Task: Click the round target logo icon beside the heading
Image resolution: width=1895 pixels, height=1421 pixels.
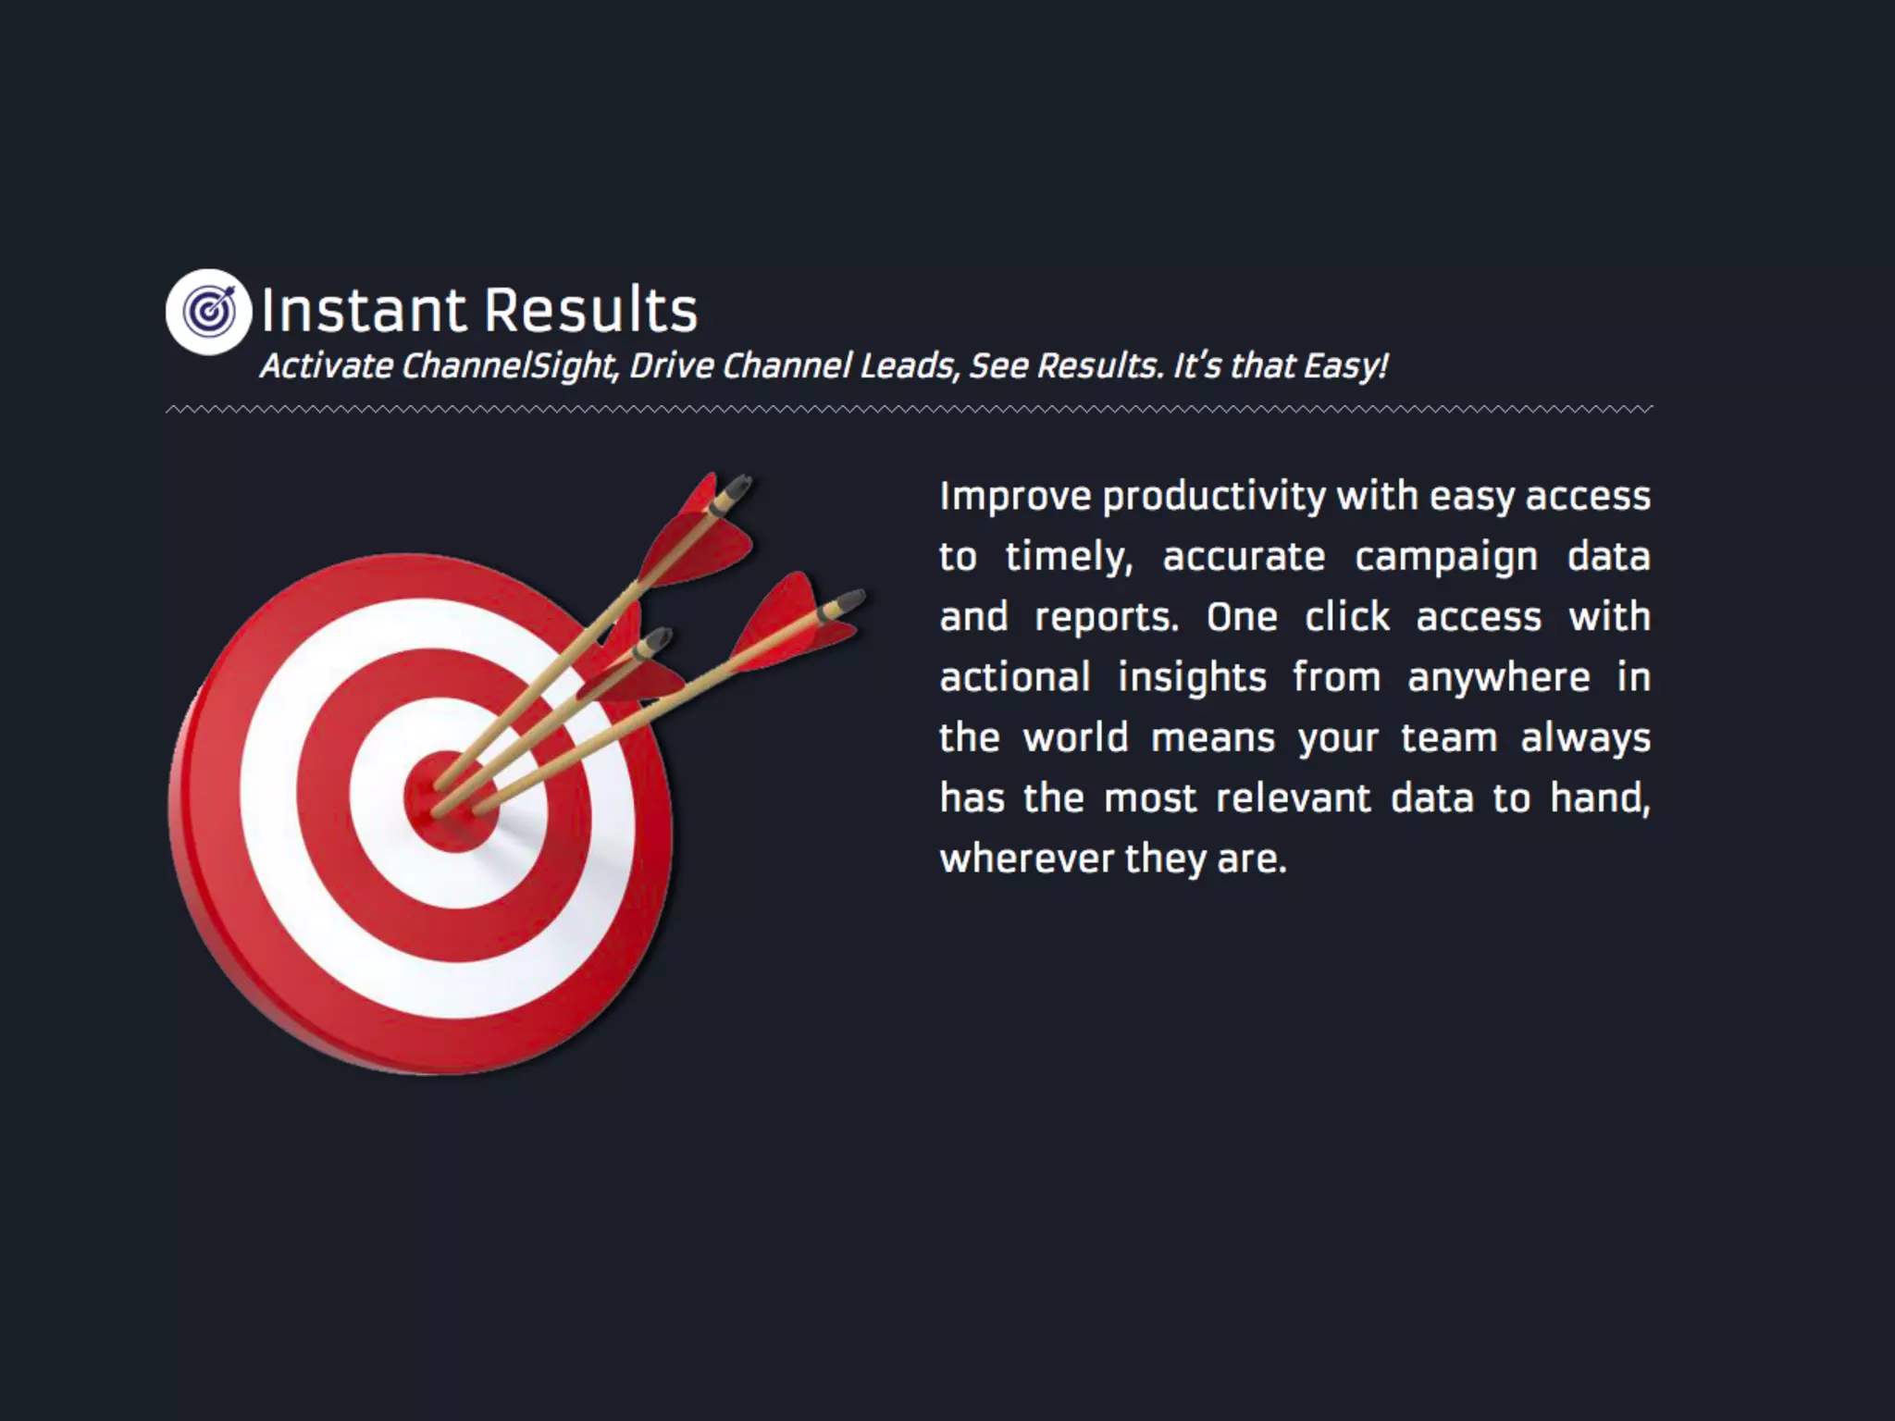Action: (x=208, y=312)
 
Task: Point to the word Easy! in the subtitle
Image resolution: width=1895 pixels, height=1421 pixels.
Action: (x=1345, y=366)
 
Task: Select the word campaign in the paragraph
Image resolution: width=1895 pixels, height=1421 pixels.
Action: (x=1445, y=558)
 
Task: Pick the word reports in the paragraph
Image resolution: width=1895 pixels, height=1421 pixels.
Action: (x=1106, y=618)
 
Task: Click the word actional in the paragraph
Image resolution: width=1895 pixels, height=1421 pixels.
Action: (x=1015, y=678)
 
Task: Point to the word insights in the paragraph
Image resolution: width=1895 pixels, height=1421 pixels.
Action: (x=1192, y=678)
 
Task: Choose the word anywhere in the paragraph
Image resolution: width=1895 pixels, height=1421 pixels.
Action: (x=1498, y=678)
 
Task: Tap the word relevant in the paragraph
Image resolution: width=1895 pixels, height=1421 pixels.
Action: (x=1293, y=798)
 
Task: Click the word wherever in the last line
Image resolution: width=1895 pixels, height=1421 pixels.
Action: (x=1025, y=859)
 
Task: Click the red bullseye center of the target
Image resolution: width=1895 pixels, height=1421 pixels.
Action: (x=452, y=801)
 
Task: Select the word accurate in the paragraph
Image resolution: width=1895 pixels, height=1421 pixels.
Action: (x=1244, y=558)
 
